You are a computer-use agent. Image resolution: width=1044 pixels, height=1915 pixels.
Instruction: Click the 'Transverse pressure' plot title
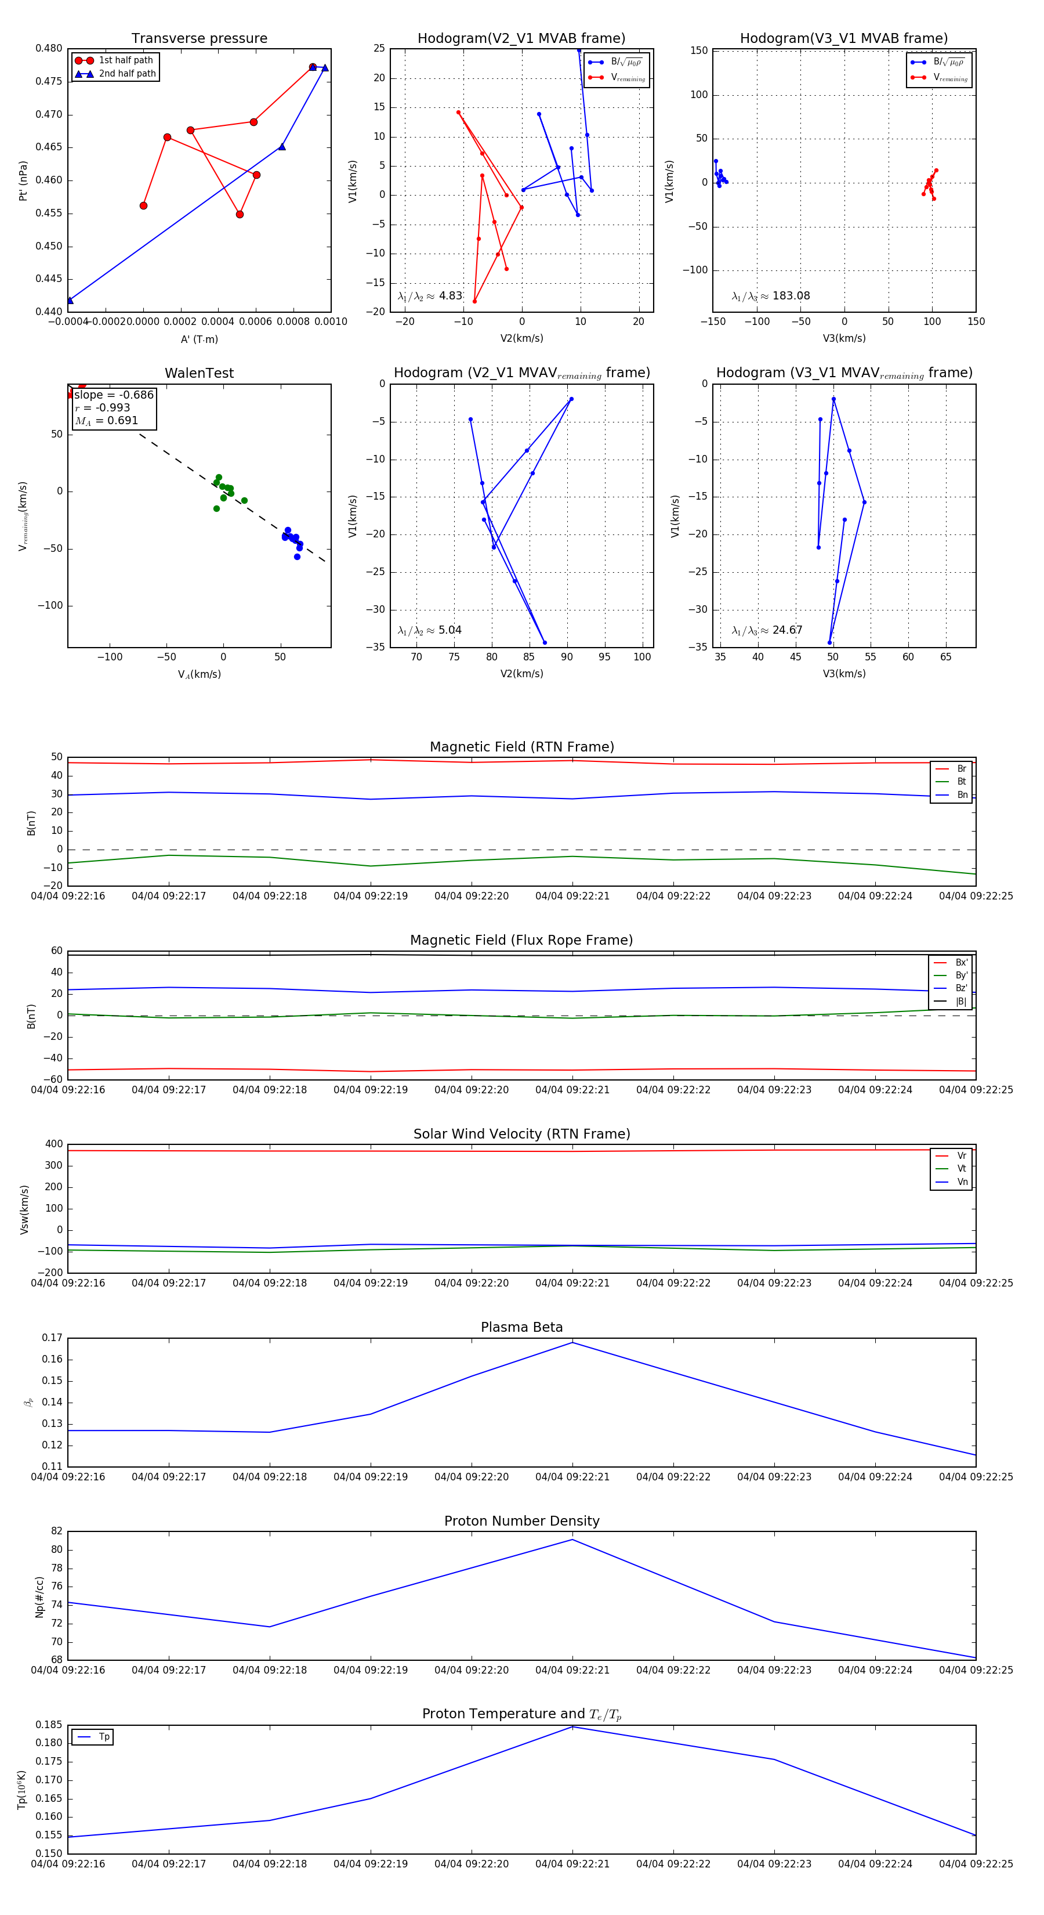(199, 39)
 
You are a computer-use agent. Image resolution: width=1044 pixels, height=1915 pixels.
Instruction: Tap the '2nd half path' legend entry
(127, 74)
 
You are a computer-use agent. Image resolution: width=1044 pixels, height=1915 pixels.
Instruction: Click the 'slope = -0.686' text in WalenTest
(114, 395)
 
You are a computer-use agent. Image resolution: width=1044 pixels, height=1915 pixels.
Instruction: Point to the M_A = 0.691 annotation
(106, 421)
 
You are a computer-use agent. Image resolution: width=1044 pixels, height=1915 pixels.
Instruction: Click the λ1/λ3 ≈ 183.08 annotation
(771, 296)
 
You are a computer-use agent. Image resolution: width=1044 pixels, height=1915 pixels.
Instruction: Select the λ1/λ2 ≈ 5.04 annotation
(429, 630)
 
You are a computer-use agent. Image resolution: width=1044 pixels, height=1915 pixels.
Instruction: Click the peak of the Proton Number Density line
(572, 1539)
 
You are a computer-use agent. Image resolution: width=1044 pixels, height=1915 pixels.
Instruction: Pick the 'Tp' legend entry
(103, 1737)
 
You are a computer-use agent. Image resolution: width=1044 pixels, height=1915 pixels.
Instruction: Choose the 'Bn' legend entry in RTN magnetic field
(962, 794)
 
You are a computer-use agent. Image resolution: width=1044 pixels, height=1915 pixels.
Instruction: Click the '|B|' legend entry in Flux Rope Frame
(961, 1002)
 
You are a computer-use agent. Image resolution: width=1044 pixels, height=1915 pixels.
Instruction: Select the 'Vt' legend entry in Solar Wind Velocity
(962, 1169)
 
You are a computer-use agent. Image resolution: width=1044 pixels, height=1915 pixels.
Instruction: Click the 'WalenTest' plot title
(199, 373)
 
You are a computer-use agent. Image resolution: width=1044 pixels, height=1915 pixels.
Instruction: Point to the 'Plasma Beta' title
(521, 1328)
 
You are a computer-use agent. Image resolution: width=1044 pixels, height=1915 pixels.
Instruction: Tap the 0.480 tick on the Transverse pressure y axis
(49, 48)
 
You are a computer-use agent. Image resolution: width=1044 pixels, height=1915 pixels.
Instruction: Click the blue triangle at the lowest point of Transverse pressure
(70, 301)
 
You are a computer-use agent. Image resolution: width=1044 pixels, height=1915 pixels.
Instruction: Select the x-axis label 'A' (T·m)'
(199, 339)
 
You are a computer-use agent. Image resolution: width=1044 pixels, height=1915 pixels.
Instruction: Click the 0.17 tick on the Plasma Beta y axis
(52, 1338)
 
